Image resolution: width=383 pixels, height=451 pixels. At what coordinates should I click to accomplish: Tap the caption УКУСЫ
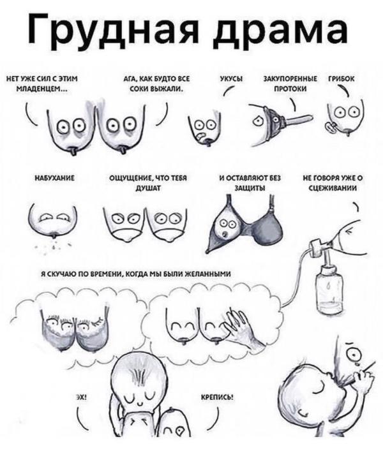tap(231, 79)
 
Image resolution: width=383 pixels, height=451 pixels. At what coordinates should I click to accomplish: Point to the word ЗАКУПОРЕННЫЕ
tap(290, 79)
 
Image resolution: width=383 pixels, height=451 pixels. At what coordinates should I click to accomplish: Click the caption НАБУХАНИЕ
tap(55, 179)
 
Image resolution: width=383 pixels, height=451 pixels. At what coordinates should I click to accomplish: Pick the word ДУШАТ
tap(148, 188)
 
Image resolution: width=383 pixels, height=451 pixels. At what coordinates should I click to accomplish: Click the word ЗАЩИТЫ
tap(250, 188)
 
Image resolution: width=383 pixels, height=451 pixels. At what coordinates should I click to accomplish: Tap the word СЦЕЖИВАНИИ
tap(333, 188)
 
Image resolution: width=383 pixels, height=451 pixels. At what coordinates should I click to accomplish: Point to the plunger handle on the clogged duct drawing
tap(298, 119)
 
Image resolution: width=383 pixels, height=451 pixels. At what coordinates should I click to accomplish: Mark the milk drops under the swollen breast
tap(54, 246)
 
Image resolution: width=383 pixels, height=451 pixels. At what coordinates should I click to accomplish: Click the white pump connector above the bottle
tap(317, 248)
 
